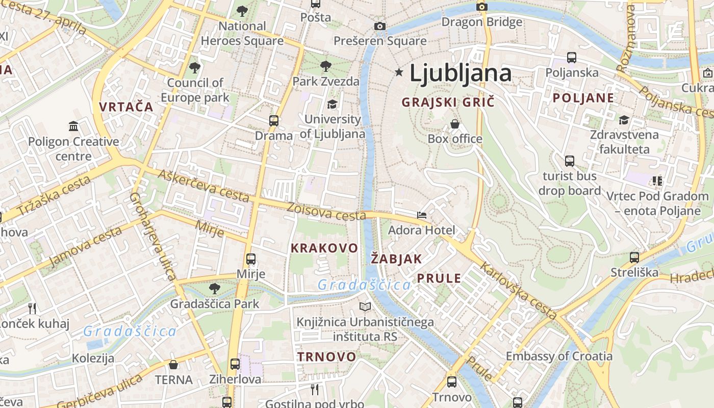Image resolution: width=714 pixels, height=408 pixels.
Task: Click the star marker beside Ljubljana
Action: [399, 73]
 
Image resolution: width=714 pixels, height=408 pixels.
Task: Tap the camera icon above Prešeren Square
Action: [379, 26]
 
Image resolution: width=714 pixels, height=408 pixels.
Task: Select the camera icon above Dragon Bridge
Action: [481, 7]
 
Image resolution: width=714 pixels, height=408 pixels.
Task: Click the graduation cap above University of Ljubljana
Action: [332, 104]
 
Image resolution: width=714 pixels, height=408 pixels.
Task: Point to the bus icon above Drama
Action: [274, 121]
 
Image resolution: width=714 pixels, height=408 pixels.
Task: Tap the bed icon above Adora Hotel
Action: [421, 215]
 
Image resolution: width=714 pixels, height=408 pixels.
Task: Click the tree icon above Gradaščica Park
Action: [215, 289]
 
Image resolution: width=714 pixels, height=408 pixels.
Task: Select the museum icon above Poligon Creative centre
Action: [73, 126]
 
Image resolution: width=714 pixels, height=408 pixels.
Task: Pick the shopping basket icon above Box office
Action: [454, 124]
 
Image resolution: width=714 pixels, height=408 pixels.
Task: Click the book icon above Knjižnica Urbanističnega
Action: [365, 307]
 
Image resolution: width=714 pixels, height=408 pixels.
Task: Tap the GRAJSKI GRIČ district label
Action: [448, 102]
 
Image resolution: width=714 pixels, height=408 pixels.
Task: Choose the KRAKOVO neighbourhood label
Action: [324, 248]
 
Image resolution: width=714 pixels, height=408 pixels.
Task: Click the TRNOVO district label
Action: [326, 356]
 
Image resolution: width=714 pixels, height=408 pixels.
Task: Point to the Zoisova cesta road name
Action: [326, 212]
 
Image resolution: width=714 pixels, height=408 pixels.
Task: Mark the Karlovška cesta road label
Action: [518, 291]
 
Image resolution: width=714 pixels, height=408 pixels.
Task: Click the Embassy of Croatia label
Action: [559, 356]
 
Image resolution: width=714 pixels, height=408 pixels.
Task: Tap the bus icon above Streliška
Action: [634, 258]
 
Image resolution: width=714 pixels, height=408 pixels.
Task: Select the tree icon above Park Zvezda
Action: [325, 66]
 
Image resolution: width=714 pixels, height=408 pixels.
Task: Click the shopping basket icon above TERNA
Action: [173, 365]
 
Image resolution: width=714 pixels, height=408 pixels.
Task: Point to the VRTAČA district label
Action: [126, 107]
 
